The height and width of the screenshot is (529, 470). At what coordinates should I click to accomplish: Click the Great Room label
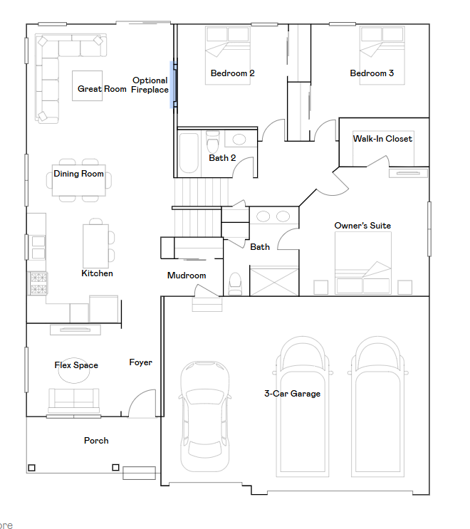point(102,89)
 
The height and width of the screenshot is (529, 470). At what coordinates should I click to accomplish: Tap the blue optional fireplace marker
point(173,85)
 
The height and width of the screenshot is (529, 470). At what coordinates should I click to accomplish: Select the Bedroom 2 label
point(232,73)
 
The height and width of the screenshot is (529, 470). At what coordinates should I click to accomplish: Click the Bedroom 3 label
point(372,73)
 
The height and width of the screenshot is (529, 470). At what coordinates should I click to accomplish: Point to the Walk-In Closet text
point(382,139)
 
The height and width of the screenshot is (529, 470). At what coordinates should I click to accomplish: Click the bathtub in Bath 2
point(189,153)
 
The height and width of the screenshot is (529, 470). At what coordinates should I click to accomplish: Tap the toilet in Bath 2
point(212,142)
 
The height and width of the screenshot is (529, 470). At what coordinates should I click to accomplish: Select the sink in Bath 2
point(239,140)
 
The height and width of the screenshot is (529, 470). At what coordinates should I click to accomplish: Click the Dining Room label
point(78,174)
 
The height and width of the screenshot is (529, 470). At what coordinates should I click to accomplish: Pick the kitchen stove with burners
point(38,283)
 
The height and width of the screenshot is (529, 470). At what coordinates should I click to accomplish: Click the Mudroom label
point(187,276)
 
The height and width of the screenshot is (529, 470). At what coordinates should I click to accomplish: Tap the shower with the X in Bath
point(274,281)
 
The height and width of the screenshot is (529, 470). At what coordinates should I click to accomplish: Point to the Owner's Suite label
point(362,226)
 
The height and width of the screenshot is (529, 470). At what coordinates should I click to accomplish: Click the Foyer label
point(141,362)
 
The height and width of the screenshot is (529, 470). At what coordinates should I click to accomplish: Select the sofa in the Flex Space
point(74,400)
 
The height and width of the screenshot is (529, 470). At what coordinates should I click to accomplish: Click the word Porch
point(96,441)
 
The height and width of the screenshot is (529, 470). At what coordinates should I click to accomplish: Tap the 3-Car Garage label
point(292,394)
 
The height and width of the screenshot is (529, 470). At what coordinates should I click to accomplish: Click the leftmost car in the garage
point(205,417)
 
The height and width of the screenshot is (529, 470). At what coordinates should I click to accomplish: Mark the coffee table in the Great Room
point(88,85)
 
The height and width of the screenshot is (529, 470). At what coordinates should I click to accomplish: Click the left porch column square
point(32,468)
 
